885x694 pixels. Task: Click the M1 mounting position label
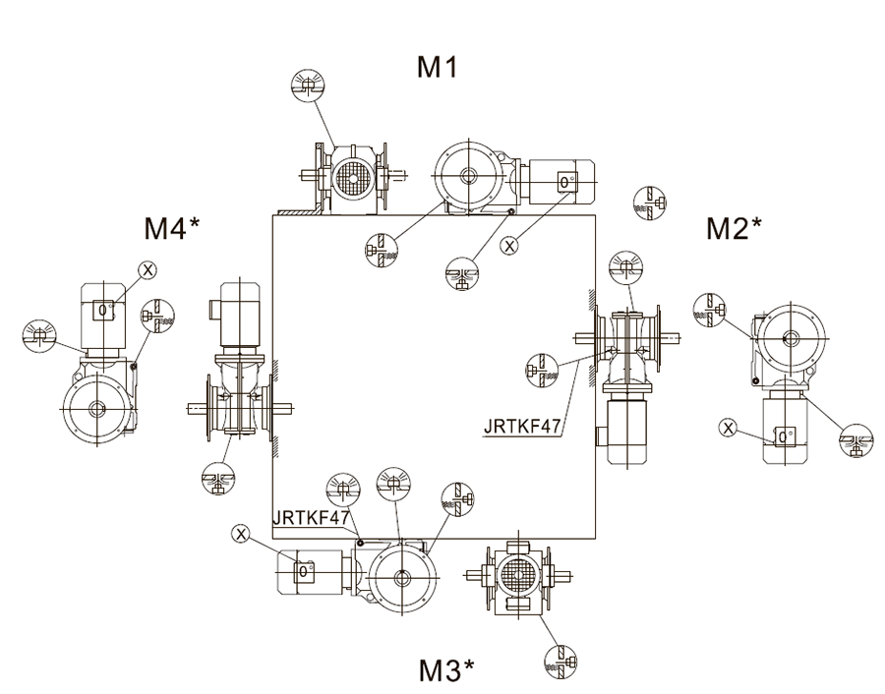click(437, 67)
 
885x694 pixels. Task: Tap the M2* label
click(734, 228)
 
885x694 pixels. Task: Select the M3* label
click(446, 669)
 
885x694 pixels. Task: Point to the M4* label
click(171, 228)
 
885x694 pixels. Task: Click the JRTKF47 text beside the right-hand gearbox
click(523, 427)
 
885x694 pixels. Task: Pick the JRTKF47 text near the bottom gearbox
click(311, 517)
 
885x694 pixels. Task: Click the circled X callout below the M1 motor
click(509, 246)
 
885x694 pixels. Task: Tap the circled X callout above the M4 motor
click(147, 270)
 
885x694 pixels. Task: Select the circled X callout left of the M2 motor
click(728, 429)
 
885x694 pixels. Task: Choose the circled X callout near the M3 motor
click(241, 534)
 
